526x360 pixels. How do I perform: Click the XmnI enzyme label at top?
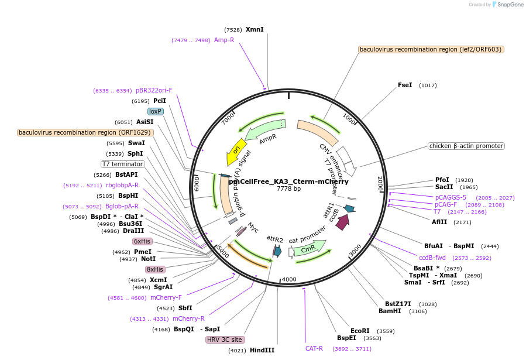click(x=255, y=29)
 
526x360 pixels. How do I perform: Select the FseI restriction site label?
click(x=405, y=85)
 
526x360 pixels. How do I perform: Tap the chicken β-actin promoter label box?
click(x=466, y=146)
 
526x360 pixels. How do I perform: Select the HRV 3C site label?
click(x=225, y=340)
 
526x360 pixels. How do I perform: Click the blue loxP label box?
click(x=155, y=111)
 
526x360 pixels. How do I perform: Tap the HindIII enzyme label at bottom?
click(x=262, y=350)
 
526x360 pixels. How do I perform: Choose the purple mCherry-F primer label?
click(x=166, y=297)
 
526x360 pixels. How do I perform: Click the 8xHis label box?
click(x=155, y=269)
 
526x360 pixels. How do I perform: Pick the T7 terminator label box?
click(x=122, y=164)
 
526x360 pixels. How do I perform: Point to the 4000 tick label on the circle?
click(x=290, y=279)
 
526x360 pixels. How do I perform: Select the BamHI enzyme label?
click(x=389, y=311)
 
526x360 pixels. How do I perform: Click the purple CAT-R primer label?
click(x=314, y=348)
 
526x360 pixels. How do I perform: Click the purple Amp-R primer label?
click(x=224, y=40)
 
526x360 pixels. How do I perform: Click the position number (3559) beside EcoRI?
click(x=386, y=331)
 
